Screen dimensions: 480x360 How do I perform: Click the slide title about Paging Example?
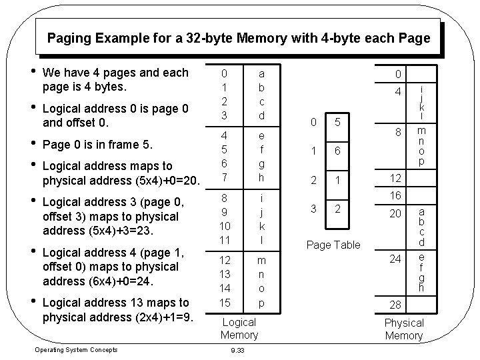click(239, 38)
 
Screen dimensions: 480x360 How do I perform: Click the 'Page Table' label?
click(333, 245)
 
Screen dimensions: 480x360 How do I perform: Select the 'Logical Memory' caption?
click(238, 328)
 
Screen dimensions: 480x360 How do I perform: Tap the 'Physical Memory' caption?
click(404, 329)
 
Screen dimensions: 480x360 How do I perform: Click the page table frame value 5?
click(338, 122)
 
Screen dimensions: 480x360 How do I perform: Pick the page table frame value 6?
click(338, 151)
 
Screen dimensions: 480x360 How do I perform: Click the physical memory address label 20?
click(397, 213)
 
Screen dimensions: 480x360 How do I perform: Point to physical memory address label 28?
click(397, 305)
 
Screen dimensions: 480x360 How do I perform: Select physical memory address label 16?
click(397, 195)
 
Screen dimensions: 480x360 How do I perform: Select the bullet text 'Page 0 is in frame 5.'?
click(97, 144)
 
